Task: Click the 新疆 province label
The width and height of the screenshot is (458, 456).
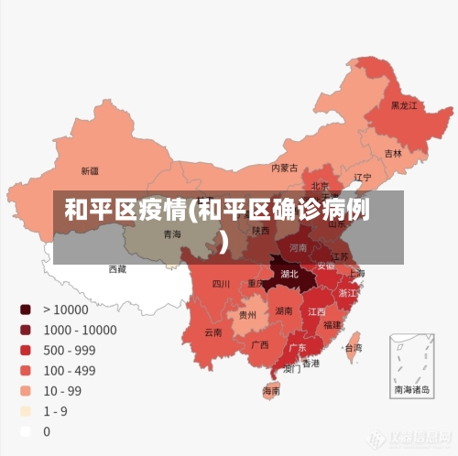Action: (89, 170)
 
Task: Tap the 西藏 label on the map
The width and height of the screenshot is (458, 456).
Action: (118, 269)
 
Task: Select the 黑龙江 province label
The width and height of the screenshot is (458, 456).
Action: (404, 106)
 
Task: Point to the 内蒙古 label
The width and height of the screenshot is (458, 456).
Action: (285, 168)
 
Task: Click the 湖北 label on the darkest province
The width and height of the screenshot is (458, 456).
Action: (289, 273)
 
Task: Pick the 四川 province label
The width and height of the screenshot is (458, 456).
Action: (221, 284)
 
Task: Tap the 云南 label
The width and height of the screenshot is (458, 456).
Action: (213, 331)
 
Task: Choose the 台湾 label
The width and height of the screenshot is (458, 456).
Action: (353, 348)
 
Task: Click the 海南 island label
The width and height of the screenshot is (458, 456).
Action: (272, 391)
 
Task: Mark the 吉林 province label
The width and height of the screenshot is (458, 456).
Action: (393, 153)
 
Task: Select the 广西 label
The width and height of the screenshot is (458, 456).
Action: (260, 345)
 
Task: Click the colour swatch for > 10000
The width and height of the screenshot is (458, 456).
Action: (25, 309)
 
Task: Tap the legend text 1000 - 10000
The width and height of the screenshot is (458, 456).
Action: (81, 330)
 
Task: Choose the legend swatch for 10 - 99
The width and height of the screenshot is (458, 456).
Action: (25, 390)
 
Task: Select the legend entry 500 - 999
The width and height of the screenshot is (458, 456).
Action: (69, 350)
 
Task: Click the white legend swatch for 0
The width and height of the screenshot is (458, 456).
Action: (25, 430)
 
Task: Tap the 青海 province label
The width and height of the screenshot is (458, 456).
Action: (172, 233)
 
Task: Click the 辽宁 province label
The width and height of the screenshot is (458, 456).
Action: (363, 177)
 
